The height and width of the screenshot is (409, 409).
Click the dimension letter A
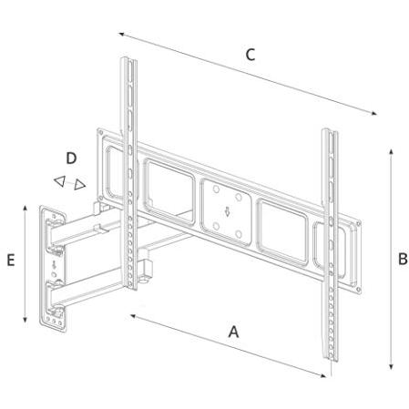pos(233,332)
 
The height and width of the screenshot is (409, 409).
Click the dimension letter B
pos(403,260)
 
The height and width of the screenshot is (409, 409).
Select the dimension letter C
pos(251,55)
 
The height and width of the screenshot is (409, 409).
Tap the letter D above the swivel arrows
pos(71,158)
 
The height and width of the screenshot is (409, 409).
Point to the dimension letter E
pos(11,261)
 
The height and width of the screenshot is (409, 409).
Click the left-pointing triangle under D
pos(60,181)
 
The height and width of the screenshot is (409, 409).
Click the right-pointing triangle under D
pos(79,185)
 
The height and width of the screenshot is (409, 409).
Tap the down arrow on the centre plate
pos(227,211)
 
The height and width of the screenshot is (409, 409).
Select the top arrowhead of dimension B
pos(392,153)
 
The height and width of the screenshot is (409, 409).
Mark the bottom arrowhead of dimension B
pos(392,366)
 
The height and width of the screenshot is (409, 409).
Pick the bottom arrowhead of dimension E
pos(26,319)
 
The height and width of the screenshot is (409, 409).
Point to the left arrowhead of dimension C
pos(122,35)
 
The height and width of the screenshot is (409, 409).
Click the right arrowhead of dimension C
pos(373,113)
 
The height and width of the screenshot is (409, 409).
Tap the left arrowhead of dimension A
pos(134,316)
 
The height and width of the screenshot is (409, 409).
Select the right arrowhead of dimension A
pos(322,375)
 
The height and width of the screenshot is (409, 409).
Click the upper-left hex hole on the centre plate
pos(216,189)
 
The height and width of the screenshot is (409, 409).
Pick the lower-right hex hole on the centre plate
pos(239,234)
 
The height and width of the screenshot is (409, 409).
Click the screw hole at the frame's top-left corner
pos(101,132)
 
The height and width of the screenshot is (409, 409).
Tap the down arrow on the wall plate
pos(54,265)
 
